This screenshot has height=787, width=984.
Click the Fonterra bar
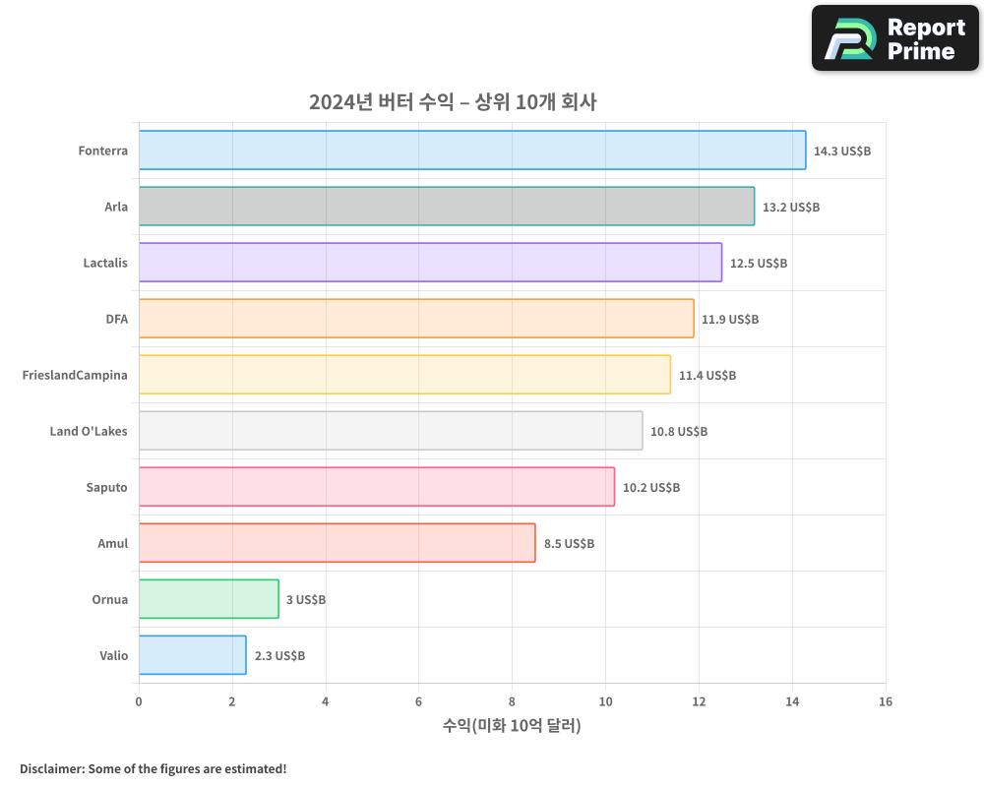coord(472,151)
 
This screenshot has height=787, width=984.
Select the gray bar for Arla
coord(447,207)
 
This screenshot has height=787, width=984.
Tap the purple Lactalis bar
coord(430,263)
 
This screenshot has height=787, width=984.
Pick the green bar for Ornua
coord(209,599)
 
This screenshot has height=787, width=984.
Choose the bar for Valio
coord(192,655)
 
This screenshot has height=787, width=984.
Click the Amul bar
coord(337,543)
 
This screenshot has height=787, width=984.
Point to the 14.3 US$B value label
coord(842,151)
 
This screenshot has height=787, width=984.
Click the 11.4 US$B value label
coord(707,376)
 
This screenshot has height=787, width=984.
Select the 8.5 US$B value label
coord(569,544)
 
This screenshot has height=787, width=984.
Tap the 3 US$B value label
coord(306,600)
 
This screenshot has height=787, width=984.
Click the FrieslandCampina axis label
coord(75,375)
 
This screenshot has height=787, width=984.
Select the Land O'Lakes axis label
coord(89,431)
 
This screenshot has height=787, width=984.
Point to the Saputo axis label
coord(106,487)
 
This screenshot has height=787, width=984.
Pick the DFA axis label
coord(116,319)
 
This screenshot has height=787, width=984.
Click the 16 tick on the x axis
coord(886,701)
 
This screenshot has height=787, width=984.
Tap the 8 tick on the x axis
coord(512,701)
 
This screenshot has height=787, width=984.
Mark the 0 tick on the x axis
coord(139,701)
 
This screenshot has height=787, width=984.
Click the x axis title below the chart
coord(512,726)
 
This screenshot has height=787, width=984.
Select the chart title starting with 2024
coord(453,101)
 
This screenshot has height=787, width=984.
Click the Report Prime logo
coord(895,38)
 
